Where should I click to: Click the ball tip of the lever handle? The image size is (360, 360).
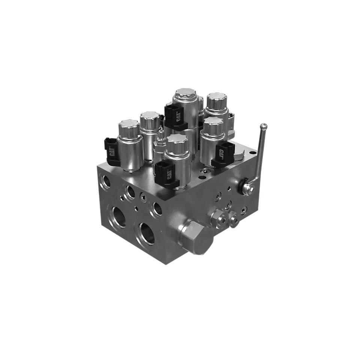263,126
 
